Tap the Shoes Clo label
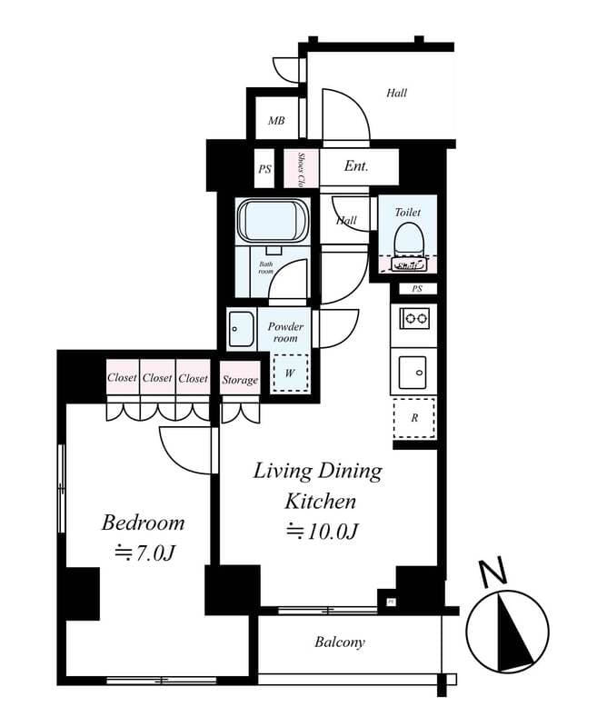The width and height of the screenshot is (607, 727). [x=299, y=167]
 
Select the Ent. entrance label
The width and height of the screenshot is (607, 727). [x=356, y=167]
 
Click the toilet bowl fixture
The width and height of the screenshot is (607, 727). [x=407, y=241]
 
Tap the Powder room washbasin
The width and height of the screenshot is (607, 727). [x=242, y=327]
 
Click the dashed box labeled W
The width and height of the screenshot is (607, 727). [x=291, y=371]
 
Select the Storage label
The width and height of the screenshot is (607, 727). [x=240, y=380]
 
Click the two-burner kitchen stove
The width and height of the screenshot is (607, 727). [x=414, y=318]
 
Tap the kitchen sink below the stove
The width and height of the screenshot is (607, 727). [x=414, y=372]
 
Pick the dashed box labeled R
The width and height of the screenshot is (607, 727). [x=414, y=418]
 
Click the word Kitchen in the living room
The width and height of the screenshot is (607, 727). [x=320, y=501]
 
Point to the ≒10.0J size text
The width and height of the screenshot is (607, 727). [x=320, y=532]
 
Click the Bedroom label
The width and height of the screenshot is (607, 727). [x=143, y=523]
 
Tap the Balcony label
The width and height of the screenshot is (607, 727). [x=340, y=642]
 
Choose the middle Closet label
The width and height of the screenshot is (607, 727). [x=157, y=378]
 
